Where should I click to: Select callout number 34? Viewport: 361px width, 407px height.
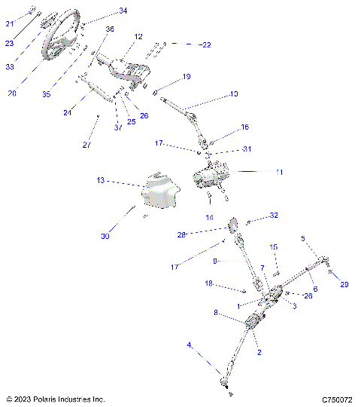(x=123, y=11)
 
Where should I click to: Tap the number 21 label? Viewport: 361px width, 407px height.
(x=10, y=24)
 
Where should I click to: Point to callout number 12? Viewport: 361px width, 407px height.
(x=138, y=36)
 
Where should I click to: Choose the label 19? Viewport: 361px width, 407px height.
(x=187, y=77)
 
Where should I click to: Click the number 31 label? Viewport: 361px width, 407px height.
(x=247, y=149)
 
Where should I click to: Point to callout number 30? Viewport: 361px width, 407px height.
(x=105, y=236)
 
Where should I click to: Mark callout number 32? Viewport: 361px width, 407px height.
(x=274, y=216)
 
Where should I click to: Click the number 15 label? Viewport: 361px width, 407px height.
(x=274, y=246)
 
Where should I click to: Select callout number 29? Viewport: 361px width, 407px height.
(x=344, y=284)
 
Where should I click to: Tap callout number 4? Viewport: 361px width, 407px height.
(x=190, y=345)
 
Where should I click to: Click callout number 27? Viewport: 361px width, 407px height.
(x=86, y=144)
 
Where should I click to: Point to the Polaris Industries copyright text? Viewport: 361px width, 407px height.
(x=55, y=399)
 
